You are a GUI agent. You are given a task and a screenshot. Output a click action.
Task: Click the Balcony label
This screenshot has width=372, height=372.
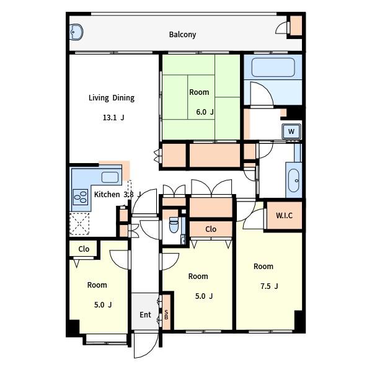pyautogui.click(x=182, y=35)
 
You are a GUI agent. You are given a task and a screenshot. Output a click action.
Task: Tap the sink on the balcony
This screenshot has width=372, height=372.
pyautogui.click(x=76, y=32)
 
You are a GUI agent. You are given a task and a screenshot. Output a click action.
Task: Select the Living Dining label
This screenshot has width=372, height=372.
pyautogui.click(x=112, y=98)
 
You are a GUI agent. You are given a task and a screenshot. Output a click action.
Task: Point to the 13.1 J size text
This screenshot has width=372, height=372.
pyautogui.click(x=113, y=118)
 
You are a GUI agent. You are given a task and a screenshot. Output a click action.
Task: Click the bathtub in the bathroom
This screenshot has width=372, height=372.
pyautogui.click(x=273, y=68)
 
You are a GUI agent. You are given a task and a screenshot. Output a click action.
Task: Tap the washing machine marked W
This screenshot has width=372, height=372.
pyautogui.click(x=291, y=131)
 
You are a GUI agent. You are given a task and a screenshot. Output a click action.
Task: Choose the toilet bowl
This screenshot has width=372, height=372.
pyautogui.click(x=174, y=225)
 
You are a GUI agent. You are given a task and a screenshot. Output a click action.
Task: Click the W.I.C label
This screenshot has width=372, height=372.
pyautogui.click(x=284, y=215)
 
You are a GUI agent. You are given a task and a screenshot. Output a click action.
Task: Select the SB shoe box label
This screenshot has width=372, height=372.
pyautogui.click(x=166, y=314)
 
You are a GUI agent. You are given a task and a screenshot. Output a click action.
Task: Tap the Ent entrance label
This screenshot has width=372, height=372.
pyautogui.click(x=145, y=315)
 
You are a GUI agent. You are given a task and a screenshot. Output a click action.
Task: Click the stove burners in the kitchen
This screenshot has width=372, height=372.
pyautogui.click(x=81, y=197)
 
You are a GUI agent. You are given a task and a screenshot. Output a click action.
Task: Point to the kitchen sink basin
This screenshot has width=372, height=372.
pyautogui.click(x=110, y=177)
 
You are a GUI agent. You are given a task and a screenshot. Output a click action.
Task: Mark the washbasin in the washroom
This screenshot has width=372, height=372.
pyautogui.click(x=294, y=180)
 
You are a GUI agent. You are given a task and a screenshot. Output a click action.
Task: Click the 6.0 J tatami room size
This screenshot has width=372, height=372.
pyautogui.click(x=205, y=112)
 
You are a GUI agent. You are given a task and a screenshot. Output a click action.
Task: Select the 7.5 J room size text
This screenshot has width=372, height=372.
pyautogui.click(x=269, y=286)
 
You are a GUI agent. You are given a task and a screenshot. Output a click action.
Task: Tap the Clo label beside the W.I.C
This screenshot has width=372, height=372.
pyautogui.click(x=211, y=229)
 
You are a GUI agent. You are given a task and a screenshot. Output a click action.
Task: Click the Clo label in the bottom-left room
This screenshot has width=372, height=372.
pyautogui.click(x=84, y=249)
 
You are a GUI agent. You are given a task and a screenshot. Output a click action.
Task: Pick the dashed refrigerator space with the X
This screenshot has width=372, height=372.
pyautogui.click(x=79, y=224)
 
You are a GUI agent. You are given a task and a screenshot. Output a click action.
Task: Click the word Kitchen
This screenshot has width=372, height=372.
pyautogui.click(x=107, y=195)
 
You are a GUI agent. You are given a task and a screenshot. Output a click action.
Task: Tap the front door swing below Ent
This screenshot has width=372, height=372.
pyautogui.click(x=146, y=345)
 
